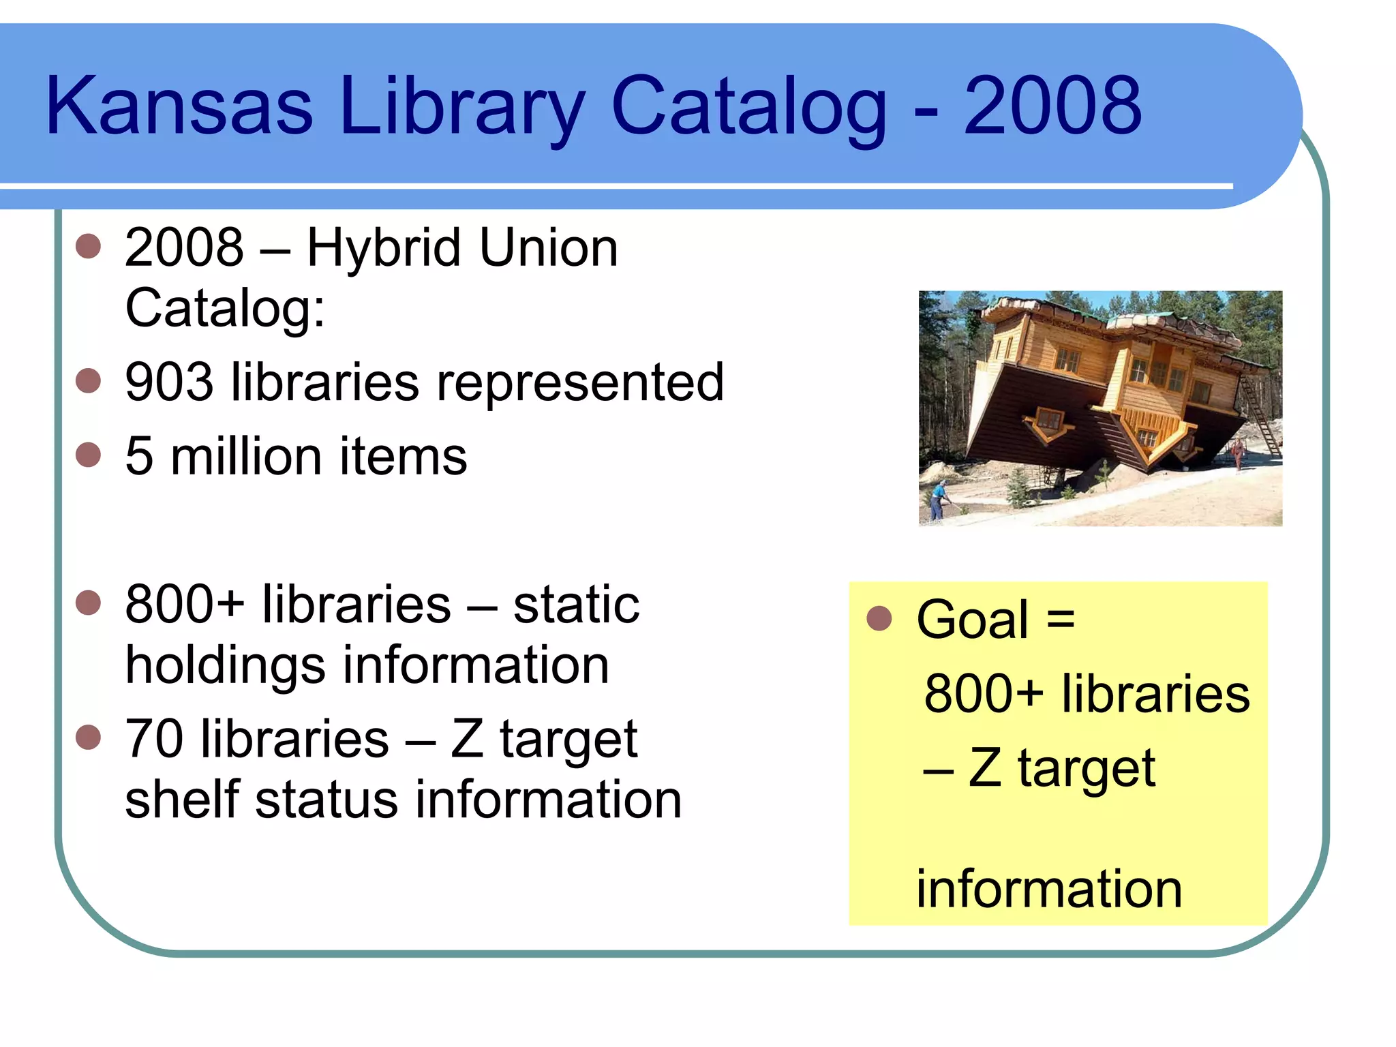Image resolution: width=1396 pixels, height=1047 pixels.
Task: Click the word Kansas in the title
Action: pyautogui.click(x=179, y=106)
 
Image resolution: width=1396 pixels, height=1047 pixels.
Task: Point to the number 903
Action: pyautogui.click(x=169, y=382)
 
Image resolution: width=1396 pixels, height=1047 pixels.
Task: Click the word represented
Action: pyautogui.click(x=579, y=384)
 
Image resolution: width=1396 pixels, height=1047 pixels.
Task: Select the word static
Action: pyautogui.click(x=576, y=605)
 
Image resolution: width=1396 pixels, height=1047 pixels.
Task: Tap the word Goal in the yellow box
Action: pyautogui.click(x=972, y=620)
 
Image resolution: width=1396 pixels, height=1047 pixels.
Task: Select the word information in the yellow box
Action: pyautogui.click(x=1048, y=890)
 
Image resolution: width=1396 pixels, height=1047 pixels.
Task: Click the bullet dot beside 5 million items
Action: pyautogui.click(x=89, y=455)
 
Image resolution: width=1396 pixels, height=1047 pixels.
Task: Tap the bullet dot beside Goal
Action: pyautogui.click(x=879, y=618)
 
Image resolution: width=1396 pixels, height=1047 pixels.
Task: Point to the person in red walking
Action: pyautogui.click(x=1237, y=453)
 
